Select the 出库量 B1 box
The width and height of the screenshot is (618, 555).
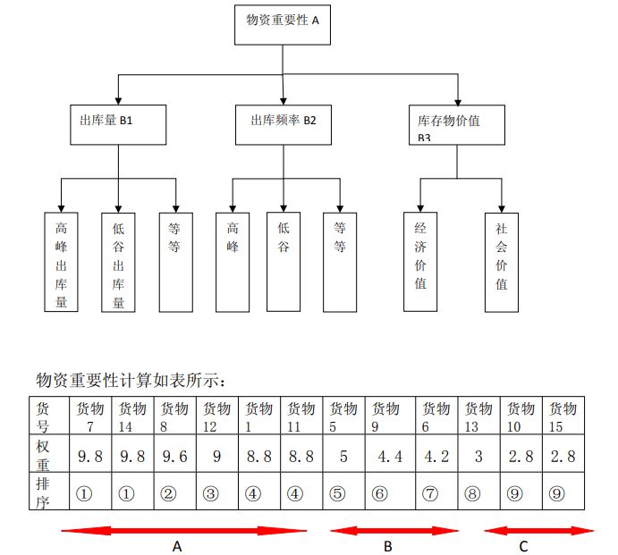[119, 123]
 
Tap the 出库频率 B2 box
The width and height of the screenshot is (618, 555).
[283, 123]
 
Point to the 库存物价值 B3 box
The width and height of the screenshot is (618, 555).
[457, 124]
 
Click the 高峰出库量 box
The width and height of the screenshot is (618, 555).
[61, 261]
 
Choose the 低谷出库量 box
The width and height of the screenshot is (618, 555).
[118, 262]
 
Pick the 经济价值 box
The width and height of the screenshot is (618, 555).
[420, 261]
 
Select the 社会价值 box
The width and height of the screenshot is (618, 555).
[502, 262]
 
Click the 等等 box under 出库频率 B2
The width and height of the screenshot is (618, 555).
[340, 262]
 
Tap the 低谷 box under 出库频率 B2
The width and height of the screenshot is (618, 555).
[284, 261]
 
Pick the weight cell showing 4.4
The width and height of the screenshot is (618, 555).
[391, 457]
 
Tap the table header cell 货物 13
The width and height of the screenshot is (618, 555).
[478, 416]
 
